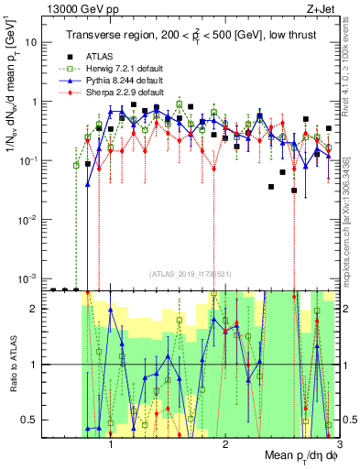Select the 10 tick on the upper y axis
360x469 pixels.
click(x=31, y=43)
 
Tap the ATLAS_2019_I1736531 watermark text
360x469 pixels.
click(x=192, y=273)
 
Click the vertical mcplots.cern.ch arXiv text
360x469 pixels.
click(x=350, y=211)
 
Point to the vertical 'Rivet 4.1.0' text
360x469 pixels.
click(x=350, y=64)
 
